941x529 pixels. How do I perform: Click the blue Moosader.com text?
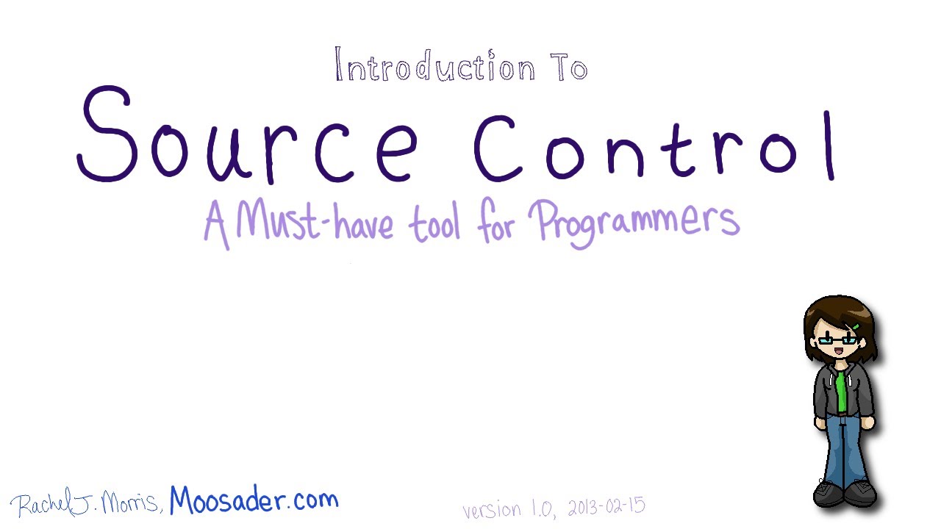254,501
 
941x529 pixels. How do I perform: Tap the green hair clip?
856,326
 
